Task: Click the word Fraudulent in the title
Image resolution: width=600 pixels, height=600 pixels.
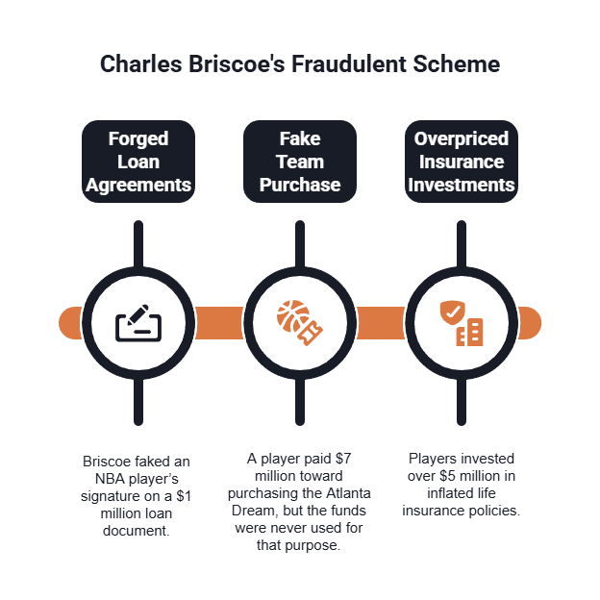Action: tap(349, 63)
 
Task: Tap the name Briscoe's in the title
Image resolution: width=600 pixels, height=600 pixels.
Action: tap(237, 63)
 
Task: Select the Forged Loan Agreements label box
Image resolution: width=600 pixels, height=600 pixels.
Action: tap(138, 162)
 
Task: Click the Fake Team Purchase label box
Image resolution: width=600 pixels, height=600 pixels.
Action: tap(300, 162)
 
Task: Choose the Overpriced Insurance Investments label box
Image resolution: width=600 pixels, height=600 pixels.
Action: tap(462, 162)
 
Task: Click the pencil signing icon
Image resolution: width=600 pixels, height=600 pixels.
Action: tap(138, 323)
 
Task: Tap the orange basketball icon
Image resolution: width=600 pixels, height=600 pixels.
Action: tap(293, 317)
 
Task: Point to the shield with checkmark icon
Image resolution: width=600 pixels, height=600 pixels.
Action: tap(453, 312)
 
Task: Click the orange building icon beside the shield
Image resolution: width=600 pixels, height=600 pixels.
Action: tap(469, 332)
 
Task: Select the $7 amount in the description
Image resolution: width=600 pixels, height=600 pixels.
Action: tap(343, 459)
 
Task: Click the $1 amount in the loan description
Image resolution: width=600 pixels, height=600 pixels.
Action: tap(184, 496)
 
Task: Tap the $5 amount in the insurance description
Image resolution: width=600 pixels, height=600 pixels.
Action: tap(448, 476)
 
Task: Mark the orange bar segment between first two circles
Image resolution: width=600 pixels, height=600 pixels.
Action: tap(219, 323)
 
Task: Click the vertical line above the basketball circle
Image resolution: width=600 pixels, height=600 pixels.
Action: tap(300, 245)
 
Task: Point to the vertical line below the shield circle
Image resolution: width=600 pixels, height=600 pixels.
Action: tap(462, 401)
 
